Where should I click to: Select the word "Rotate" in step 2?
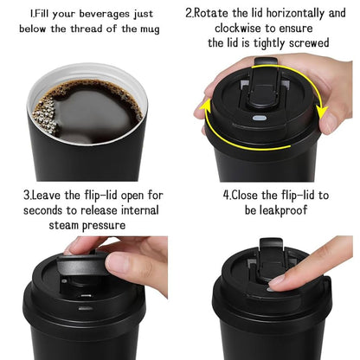click(x=217, y=14)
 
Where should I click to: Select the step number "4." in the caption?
click(x=227, y=196)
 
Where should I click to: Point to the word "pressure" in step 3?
click(x=118, y=224)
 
